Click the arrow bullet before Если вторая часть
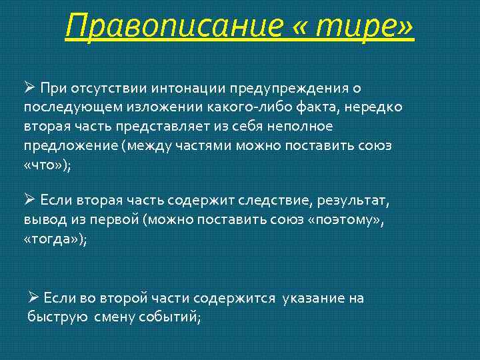pyautogui.click(x=29, y=199)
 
